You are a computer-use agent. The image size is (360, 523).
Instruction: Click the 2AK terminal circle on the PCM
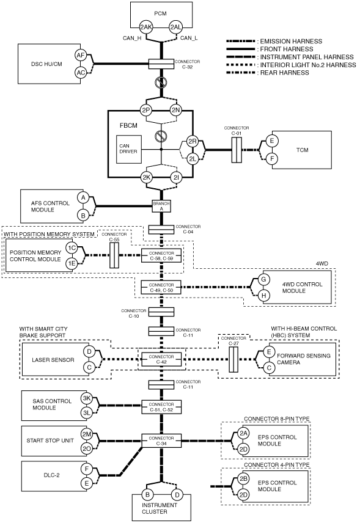coord(146,27)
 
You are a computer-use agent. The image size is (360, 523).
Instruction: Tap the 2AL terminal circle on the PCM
coord(175,27)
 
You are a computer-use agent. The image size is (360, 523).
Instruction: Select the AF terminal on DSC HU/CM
coord(81,56)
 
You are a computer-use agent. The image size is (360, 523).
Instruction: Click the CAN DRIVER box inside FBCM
coord(129,149)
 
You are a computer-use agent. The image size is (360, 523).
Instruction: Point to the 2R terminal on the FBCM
coord(193,141)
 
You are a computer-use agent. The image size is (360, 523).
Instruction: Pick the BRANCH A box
coord(161,206)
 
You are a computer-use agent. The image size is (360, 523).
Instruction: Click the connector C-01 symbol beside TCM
coord(237,150)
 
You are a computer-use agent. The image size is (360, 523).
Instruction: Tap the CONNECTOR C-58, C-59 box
coord(161,256)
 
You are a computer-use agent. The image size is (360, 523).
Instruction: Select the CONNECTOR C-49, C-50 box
coord(161,288)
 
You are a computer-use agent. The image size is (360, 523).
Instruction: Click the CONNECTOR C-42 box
coord(161,359)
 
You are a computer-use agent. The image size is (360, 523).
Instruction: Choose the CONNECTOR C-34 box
coord(161,441)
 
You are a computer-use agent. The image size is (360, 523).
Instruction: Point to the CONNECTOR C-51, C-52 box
coord(161,407)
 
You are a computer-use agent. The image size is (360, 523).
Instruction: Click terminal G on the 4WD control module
coord(263,279)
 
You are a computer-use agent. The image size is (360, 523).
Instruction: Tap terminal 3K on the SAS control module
coord(87,398)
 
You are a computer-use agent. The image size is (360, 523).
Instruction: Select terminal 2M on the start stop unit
coord(87,434)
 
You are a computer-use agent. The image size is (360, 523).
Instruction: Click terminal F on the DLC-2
coord(87,469)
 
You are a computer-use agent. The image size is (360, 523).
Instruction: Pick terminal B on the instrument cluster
coord(147,496)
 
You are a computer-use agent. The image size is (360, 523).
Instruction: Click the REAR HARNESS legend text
coord(285,73)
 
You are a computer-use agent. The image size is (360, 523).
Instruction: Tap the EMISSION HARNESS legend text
coord(292,42)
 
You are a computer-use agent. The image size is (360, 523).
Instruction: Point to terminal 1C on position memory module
coord(72,248)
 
